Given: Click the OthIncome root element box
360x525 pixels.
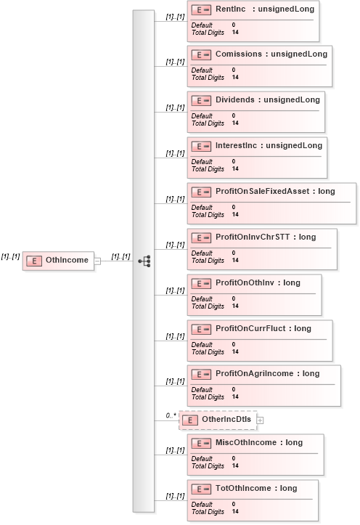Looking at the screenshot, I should click(x=58, y=260).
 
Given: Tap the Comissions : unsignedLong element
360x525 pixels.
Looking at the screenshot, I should click(x=271, y=54).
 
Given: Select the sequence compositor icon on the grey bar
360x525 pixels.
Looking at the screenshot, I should click(x=144, y=261).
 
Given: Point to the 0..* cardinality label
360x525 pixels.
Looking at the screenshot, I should click(x=171, y=415).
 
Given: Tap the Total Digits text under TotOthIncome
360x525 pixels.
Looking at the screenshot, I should click(x=208, y=510).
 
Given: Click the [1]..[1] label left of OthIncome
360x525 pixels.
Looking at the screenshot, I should click(x=10, y=256).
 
